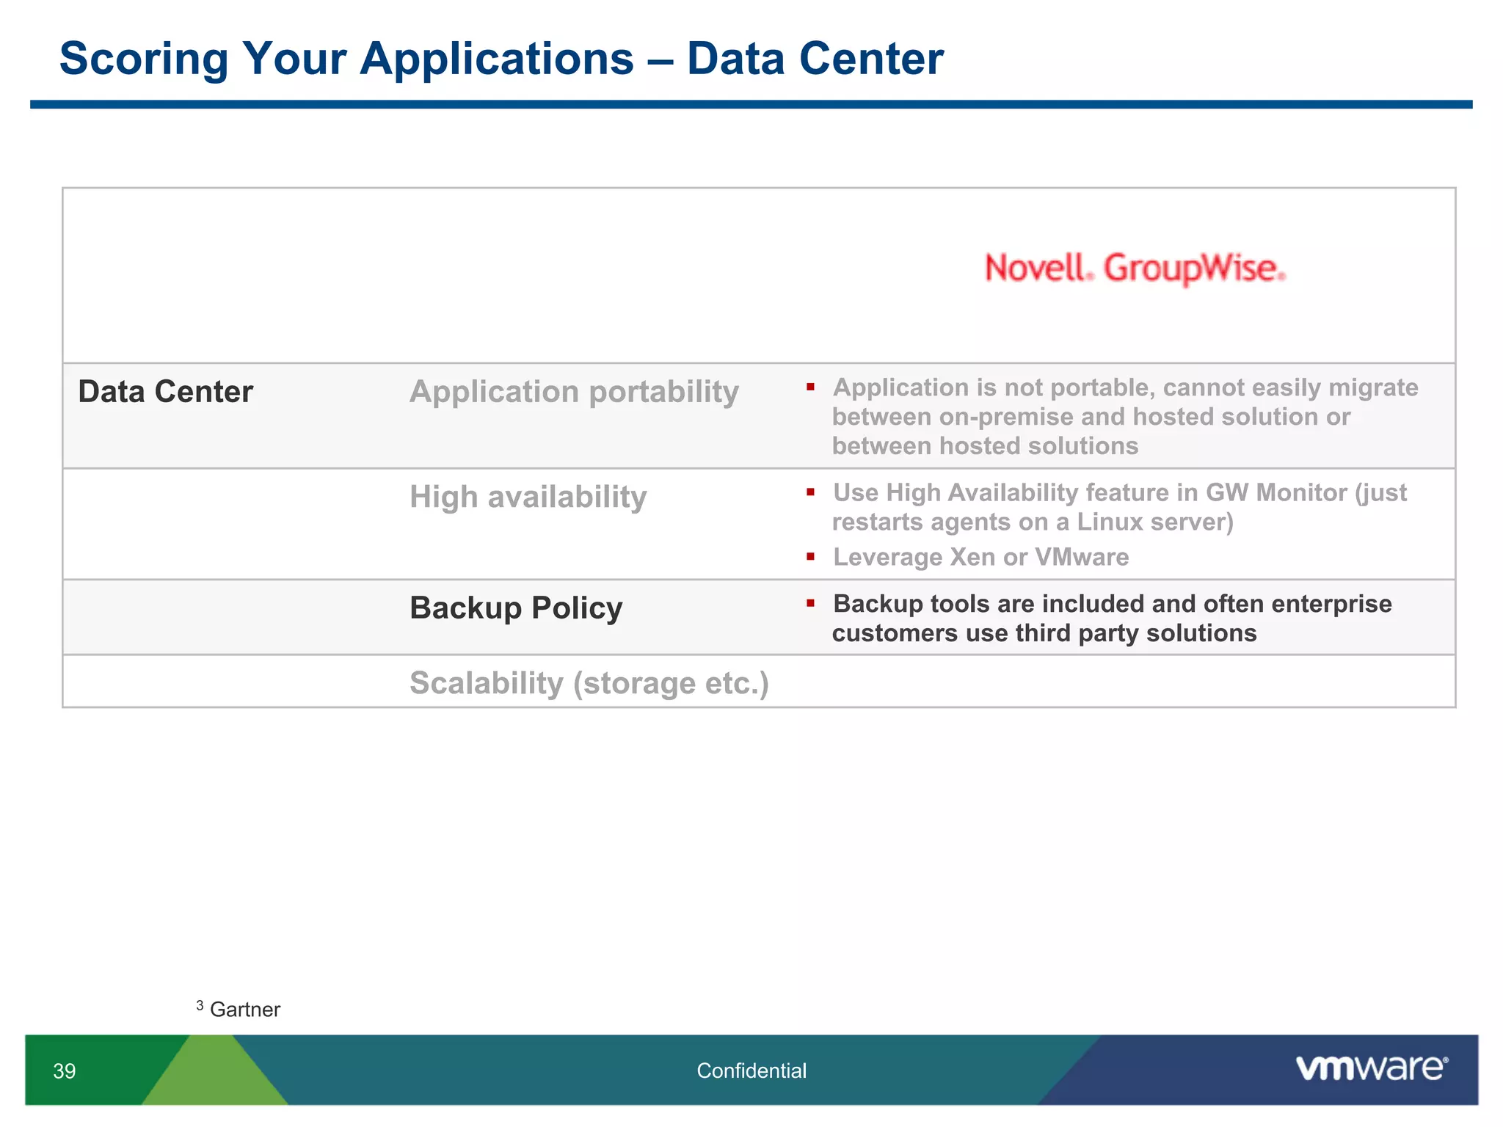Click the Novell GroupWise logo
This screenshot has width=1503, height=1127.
tap(1135, 268)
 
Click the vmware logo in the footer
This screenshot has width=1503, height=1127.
tap(1371, 1068)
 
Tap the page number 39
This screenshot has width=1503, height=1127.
tap(65, 1071)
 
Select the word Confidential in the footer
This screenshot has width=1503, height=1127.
tap(751, 1071)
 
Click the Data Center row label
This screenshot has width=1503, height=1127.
tap(166, 392)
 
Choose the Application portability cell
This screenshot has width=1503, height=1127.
tap(574, 392)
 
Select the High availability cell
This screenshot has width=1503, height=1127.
tap(528, 497)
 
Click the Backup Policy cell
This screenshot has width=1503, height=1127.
tap(516, 608)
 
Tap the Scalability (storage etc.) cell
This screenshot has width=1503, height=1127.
tap(589, 683)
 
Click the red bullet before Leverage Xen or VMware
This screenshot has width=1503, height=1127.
tap(810, 557)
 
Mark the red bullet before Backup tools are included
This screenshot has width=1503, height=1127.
tap(810, 604)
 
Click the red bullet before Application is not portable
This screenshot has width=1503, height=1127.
tap(810, 387)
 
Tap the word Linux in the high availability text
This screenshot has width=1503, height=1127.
tap(1110, 522)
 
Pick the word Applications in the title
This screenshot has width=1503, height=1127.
tap(496, 59)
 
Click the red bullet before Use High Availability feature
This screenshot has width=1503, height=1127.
tap(810, 492)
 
